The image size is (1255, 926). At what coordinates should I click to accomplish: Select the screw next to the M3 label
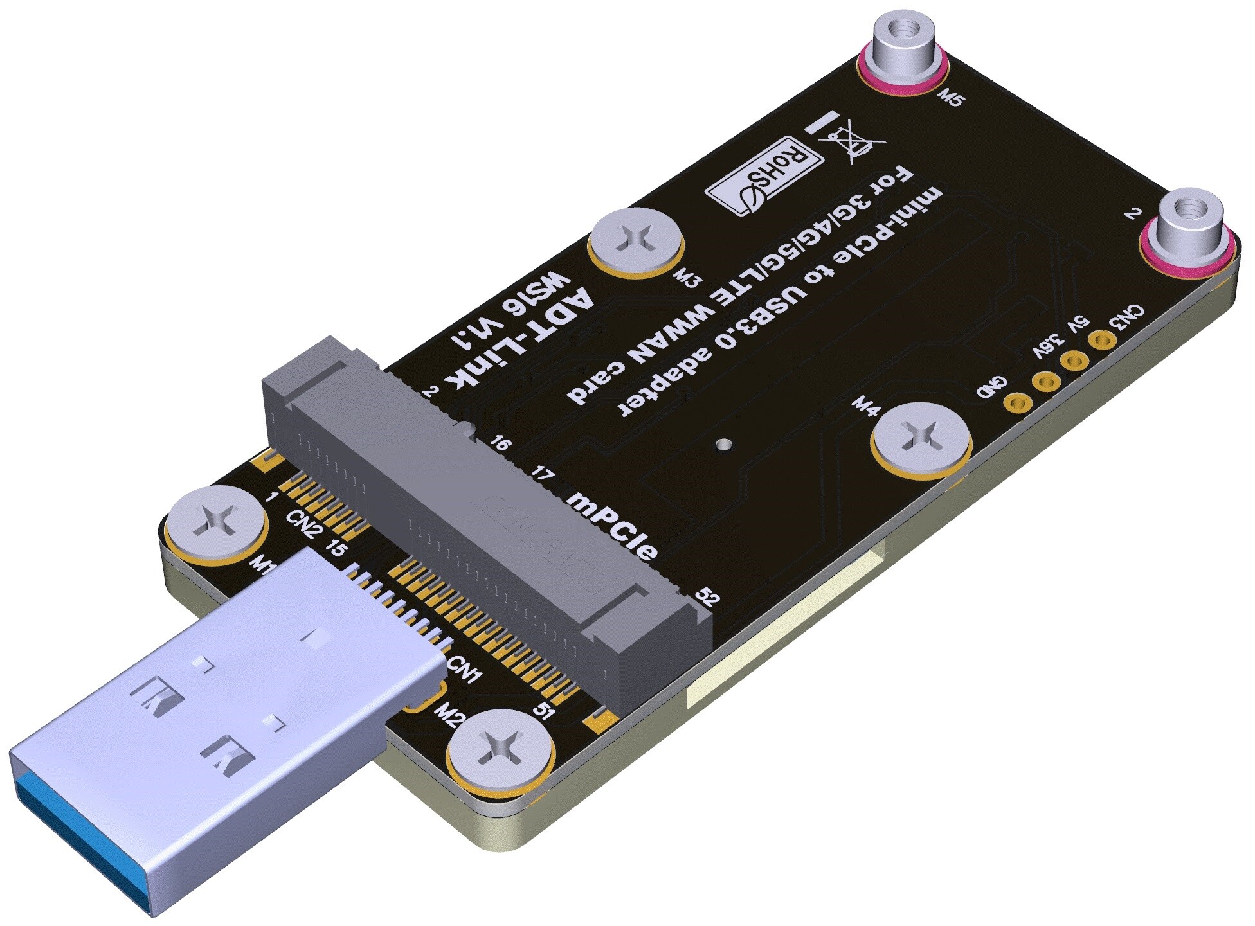point(636,242)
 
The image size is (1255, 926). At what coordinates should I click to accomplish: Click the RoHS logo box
point(764,175)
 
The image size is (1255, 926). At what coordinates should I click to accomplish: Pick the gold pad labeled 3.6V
point(1046,382)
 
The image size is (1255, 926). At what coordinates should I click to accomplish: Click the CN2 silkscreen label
point(305,523)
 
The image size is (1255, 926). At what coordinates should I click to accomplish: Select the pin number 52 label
point(707,598)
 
